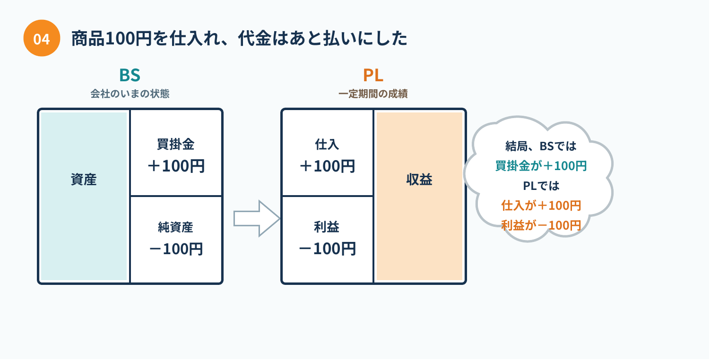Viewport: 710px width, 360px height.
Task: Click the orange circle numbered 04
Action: pos(42,38)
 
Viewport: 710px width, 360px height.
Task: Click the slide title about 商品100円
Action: pos(239,39)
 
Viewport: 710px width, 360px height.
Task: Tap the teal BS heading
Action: pos(130,75)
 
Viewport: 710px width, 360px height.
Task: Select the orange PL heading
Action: pos(373,75)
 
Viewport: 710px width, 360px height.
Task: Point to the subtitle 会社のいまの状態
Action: pos(130,94)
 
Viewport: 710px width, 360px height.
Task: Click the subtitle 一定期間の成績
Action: pos(373,94)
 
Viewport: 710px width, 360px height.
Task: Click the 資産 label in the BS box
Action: pos(84,180)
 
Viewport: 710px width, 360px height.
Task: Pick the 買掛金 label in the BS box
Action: pos(175,145)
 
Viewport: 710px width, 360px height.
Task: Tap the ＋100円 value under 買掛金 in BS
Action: pos(176,166)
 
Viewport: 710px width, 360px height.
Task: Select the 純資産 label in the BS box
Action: pos(175,227)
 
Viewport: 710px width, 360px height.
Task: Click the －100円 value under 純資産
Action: pos(176,249)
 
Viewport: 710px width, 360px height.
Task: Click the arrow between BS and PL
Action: pos(257,218)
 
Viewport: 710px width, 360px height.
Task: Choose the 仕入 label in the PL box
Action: pos(327,145)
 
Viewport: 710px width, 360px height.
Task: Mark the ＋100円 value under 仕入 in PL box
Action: pos(328,166)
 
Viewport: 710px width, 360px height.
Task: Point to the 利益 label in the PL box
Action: pos(327,227)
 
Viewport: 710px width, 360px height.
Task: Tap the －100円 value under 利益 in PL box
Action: pos(328,249)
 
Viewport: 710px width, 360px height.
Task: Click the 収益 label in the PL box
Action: pos(419,180)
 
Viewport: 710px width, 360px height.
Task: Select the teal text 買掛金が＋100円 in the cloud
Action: pos(541,166)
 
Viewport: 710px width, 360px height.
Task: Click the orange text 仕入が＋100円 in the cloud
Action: pos(541,206)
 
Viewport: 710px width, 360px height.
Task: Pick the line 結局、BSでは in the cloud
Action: pos(541,146)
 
